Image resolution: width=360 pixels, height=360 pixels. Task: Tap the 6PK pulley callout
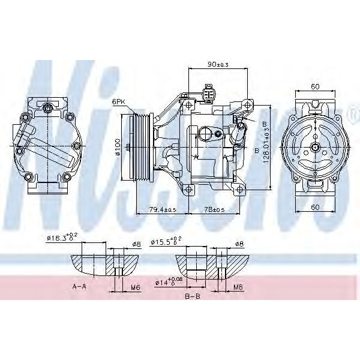118,102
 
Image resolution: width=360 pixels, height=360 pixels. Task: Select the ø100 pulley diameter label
119,146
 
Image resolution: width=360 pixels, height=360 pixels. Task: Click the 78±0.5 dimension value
215,209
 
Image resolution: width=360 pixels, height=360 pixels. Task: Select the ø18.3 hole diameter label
62,238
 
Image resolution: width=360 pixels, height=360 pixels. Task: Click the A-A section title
80,287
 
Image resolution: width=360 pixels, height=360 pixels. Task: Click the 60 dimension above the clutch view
316,86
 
